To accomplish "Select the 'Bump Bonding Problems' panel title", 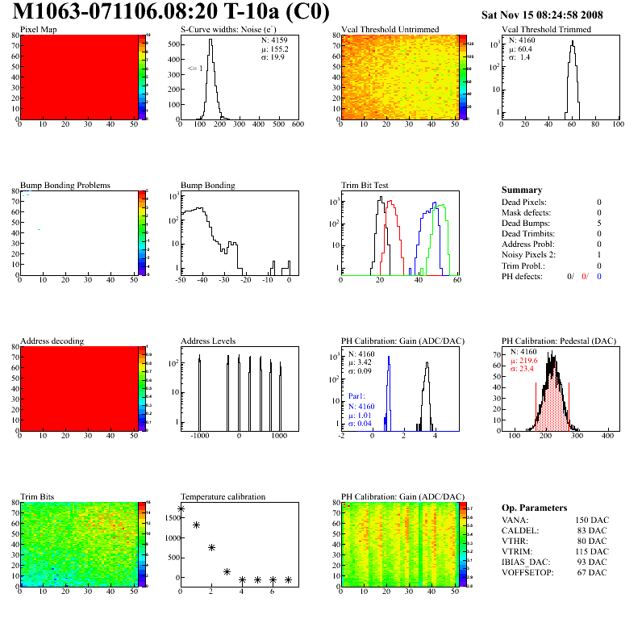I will click(x=65, y=185).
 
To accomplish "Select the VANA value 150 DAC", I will click(x=593, y=520).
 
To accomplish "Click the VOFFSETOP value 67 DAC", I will click(x=595, y=572).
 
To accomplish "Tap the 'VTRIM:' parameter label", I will click(x=516, y=551).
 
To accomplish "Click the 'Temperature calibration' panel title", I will click(x=223, y=496).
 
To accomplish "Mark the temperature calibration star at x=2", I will click(x=211, y=547).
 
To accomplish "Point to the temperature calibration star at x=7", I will click(x=288, y=579).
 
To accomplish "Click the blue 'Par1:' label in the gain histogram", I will click(x=358, y=396).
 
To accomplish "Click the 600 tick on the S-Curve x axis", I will click(x=297, y=125).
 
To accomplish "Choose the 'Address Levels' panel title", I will click(x=210, y=341).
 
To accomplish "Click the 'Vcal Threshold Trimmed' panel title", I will click(x=546, y=30).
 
